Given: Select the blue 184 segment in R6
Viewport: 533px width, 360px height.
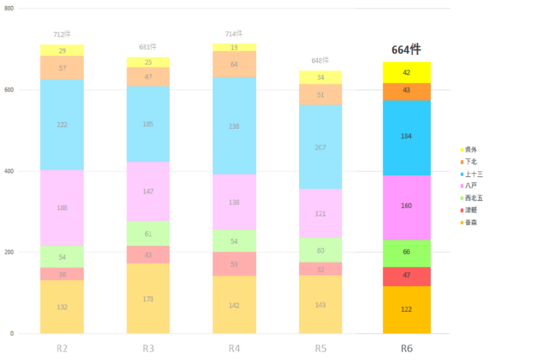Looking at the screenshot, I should point(406,137).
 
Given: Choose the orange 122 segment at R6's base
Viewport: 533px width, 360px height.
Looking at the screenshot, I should point(406,310).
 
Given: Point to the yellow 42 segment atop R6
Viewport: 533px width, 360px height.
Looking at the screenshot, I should point(406,72).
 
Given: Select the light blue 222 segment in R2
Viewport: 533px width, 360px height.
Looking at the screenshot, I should point(62,124).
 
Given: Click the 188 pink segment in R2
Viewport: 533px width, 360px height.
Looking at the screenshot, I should point(62,208).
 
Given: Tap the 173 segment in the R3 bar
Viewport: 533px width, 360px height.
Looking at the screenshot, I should point(148,298).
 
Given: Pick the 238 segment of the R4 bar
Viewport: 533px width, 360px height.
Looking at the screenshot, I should point(234,125).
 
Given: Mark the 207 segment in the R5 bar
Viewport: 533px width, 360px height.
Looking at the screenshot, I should point(320,147).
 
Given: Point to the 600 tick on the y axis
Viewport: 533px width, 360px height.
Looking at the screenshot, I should point(9,90).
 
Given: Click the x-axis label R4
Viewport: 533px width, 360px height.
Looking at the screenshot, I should point(234,348).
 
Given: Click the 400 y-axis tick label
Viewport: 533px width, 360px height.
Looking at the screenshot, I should point(9,171).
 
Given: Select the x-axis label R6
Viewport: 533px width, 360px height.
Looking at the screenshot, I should point(406,348).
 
